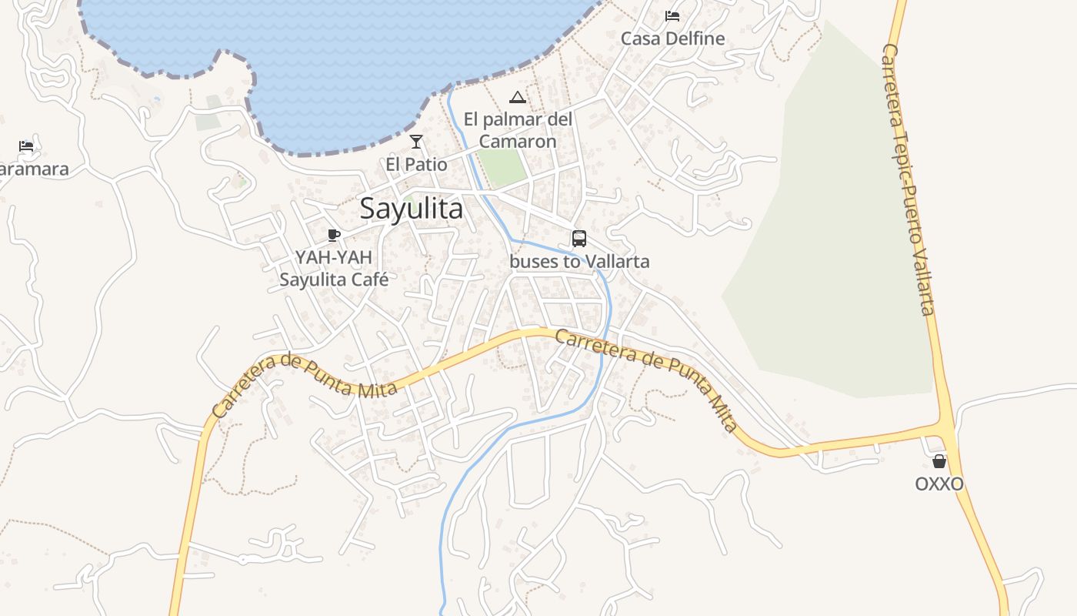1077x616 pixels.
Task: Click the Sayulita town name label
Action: [412, 209]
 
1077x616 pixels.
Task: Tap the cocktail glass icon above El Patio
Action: [416, 142]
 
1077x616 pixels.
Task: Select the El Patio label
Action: [416, 164]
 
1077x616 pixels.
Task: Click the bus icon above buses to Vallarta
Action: [579, 239]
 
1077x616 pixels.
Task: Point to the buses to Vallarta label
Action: [579, 262]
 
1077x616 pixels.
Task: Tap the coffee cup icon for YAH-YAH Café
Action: [333, 235]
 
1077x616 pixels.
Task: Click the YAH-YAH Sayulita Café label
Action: [334, 268]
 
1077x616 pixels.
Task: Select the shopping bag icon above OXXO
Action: [939, 461]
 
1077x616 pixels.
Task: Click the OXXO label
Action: [939, 484]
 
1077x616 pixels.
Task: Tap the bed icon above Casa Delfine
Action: [672, 15]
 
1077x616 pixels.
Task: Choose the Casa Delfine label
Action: [672, 38]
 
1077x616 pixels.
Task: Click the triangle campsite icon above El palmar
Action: [518, 97]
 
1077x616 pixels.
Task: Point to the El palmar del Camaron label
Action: [518, 130]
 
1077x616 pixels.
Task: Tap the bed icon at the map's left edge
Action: [26, 146]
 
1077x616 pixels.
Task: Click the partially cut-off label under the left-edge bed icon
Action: [34, 169]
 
